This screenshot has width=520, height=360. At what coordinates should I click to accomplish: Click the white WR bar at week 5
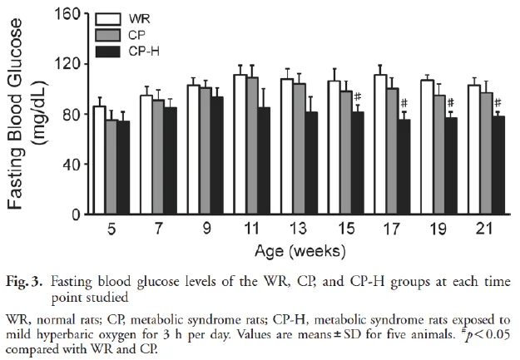(100, 160)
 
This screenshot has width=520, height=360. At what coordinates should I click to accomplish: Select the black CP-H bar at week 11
(264, 160)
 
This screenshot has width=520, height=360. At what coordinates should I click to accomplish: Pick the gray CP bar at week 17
(393, 150)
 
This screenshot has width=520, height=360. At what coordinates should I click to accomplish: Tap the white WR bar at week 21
(474, 150)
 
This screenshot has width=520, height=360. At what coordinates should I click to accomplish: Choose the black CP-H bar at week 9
(217, 155)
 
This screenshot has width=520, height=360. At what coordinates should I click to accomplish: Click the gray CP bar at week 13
(300, 149)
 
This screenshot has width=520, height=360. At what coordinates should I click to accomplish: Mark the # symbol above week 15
(358, 96)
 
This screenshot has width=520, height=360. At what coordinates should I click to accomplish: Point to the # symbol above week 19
(451, 102)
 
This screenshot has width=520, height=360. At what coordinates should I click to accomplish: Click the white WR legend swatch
(108, 19)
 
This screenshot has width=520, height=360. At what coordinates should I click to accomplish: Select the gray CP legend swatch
(108, 35)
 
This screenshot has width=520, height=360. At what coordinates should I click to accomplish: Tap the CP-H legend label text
(144, 52)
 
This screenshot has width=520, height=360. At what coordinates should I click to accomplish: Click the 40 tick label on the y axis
(71, 164)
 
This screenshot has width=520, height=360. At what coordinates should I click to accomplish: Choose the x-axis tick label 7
(159, 229)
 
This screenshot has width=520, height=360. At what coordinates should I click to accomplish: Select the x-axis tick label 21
(484, 229)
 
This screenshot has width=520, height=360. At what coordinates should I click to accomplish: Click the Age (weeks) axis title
(300, 251)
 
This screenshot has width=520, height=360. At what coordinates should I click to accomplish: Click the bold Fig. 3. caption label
(24, 282)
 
